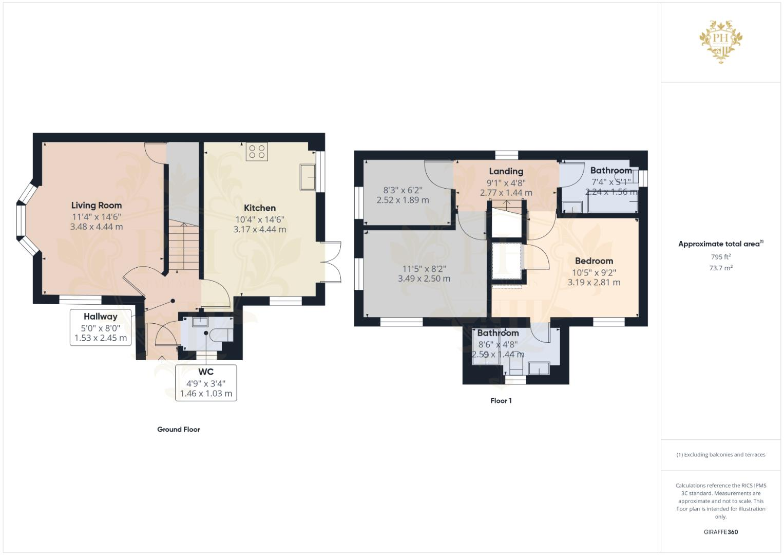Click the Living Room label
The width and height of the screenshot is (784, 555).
point(97,206)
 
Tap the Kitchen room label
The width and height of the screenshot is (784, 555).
point(259,208)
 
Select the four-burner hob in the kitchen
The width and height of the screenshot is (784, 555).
point(257,152)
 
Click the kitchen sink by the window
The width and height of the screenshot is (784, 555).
point(308,177)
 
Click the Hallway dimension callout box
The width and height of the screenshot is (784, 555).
point(101,327)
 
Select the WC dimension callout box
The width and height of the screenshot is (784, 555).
point(206,383)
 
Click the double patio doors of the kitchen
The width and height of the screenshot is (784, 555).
point(331,262)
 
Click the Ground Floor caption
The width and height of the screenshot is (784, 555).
point(178,430)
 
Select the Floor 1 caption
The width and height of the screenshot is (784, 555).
point(501,401)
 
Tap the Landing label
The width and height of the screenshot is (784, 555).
point(506,172)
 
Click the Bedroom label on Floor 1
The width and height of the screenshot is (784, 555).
point(594,261)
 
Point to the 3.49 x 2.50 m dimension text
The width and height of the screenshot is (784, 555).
point(424,279)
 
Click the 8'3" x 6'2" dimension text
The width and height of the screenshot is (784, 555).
point(403,190)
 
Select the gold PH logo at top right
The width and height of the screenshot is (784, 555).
point(721,41)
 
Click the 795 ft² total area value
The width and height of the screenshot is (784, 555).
point(721,256)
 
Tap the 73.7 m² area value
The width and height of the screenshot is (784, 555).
point(721,268)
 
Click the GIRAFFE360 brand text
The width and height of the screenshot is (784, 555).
point(721,532)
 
